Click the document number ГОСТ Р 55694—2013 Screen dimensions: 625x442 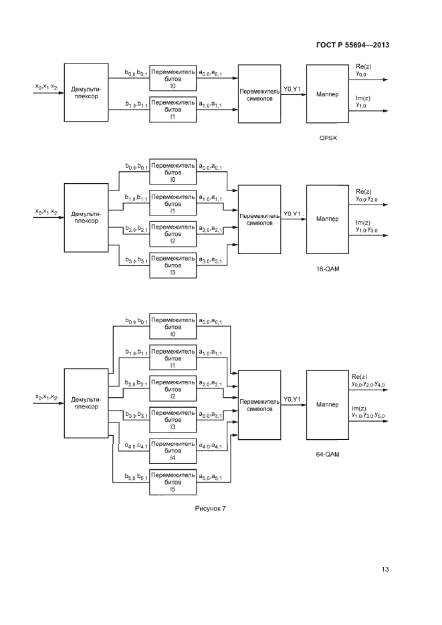point(352,45)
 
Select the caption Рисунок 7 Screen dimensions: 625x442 point(211,509)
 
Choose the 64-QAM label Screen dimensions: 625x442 point(328,454)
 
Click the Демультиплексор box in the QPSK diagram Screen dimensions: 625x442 point(86,92)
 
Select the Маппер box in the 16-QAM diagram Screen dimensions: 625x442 point(328,219)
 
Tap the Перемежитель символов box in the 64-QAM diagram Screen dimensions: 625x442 point(259,404)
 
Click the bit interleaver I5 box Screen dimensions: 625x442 point(173,482)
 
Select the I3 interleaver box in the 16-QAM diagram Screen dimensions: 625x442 point(173,265)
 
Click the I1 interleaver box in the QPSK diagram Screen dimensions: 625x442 point(173,109)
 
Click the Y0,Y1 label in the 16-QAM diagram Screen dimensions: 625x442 point(292,214)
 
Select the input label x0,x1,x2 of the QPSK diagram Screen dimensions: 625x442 point(47,87)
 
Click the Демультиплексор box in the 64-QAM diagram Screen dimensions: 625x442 point(86,404)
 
